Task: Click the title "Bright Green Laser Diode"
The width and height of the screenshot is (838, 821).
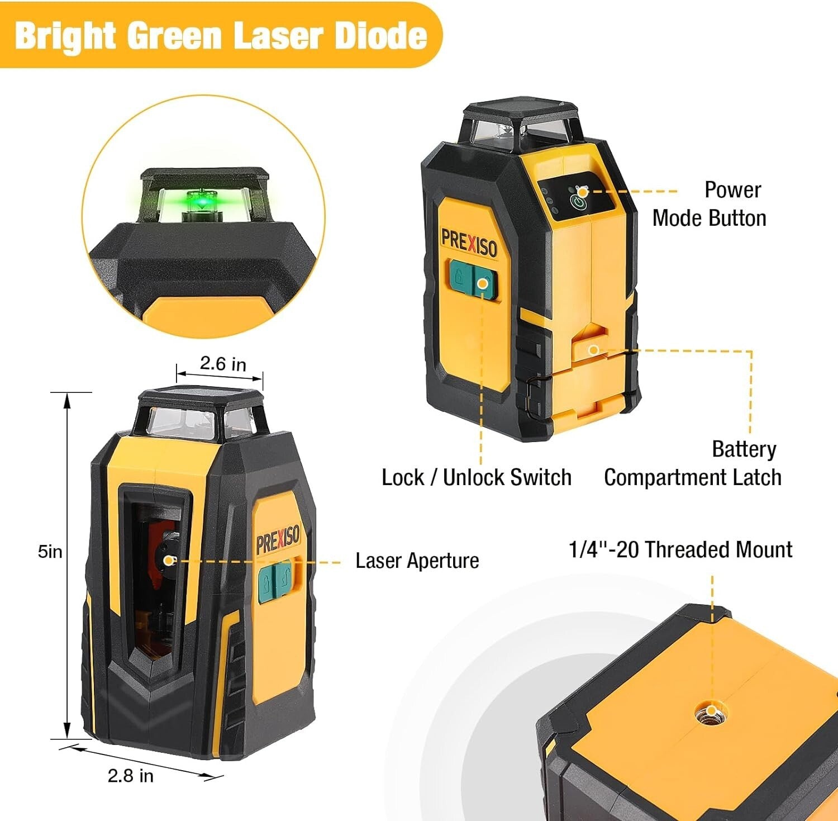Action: pos(221,35)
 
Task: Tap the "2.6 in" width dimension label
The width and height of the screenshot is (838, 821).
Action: pos(223,364)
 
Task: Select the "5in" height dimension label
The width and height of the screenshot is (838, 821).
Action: pos(50,552)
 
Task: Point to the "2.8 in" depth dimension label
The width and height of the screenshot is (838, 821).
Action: pos(130,775)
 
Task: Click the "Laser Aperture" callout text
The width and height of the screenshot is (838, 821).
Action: pos(417,561)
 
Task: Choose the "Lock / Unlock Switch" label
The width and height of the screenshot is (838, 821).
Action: pos(476,477)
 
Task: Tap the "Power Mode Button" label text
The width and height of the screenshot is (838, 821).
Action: pos(710,204)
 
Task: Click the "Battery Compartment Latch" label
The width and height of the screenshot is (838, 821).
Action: pos(693,463)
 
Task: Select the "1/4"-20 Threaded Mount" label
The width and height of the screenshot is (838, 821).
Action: pos(680,549)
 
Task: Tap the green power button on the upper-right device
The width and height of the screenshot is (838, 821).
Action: pos(579,199)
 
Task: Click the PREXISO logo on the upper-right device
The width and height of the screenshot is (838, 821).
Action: pos(469,243)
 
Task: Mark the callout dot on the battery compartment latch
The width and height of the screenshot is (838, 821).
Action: pos(594,350)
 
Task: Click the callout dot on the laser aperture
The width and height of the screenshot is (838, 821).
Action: pos(169,561)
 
